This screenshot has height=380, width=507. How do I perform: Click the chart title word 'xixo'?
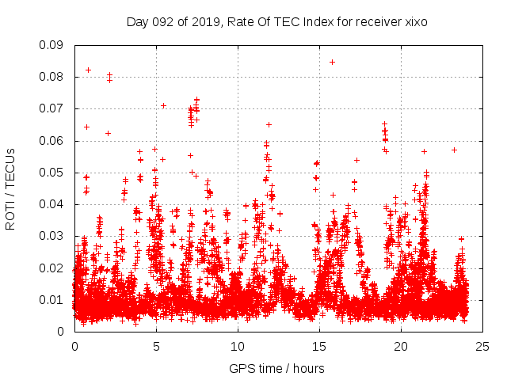(415, 22)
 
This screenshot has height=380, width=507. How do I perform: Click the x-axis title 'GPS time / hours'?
(277, 368)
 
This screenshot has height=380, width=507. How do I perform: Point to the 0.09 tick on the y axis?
(55, 45)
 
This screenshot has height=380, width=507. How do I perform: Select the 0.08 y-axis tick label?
(55, 77)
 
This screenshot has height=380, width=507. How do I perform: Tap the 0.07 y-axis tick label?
(55, 108)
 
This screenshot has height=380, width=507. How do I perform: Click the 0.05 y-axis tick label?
(55, 173)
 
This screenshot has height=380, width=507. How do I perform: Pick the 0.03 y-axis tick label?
(55, 236)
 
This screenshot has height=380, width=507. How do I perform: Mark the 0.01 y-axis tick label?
(55, 299)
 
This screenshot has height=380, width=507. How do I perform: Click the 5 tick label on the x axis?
(156, 346)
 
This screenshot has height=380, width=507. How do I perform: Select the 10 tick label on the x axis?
(238, 346)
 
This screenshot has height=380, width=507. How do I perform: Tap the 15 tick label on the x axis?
(319, 346)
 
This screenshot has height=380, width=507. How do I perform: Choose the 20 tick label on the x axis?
(401, 346)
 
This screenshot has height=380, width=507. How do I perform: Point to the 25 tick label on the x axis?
(482, 346)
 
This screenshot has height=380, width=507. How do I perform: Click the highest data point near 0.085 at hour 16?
(332, 62)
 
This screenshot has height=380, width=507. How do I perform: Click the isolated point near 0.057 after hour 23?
(454, 150)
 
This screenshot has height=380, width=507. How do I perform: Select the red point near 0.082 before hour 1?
(88, 70)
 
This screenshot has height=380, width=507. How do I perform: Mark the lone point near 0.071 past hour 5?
(163, 105)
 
